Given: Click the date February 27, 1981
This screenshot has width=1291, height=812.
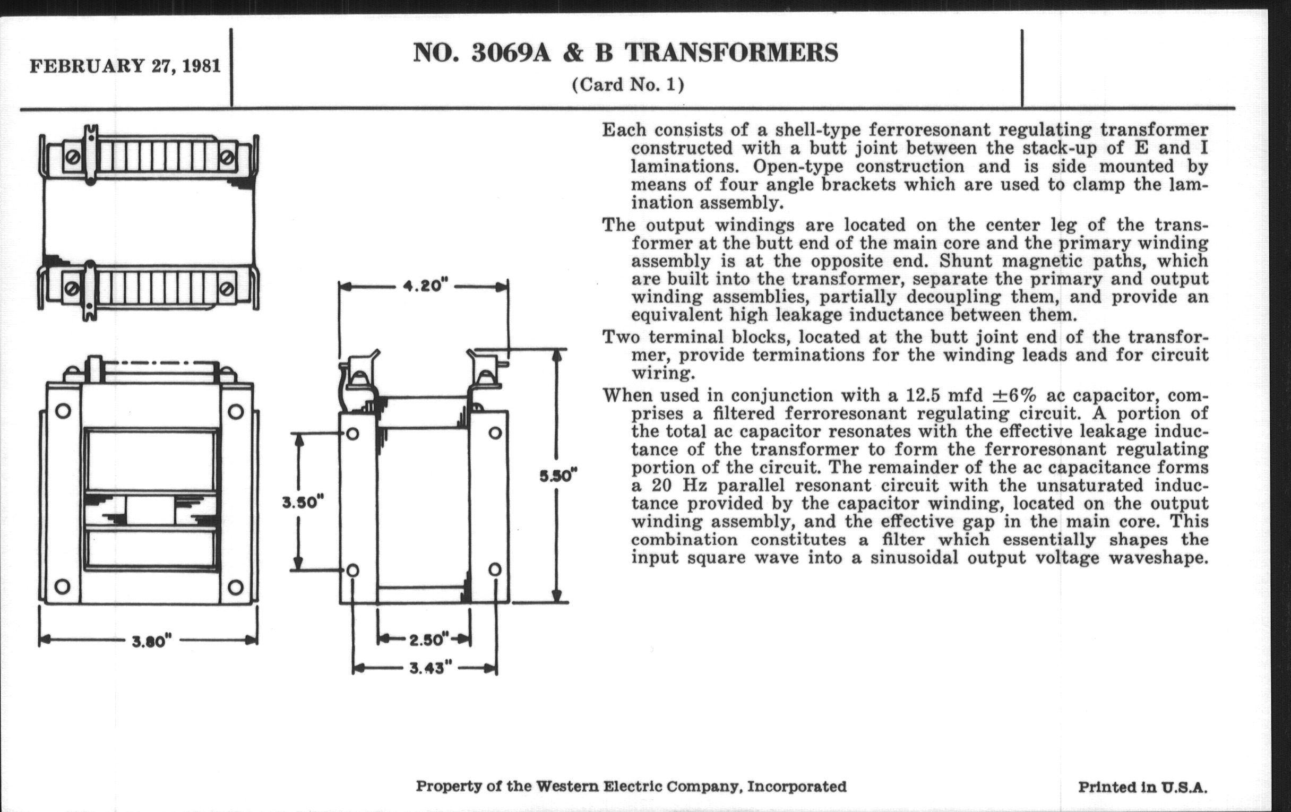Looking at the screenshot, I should click(125, 66).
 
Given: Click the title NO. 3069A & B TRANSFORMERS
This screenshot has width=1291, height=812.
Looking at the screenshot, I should click(625, 53).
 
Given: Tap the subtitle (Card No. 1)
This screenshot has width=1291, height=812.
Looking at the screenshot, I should click(628, 85).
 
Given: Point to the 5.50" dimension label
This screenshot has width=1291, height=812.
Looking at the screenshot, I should click(558, 476).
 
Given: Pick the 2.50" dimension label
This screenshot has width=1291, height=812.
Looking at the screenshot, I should click(427, 640).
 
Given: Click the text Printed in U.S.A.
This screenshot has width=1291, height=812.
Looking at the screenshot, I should click(1142, 788).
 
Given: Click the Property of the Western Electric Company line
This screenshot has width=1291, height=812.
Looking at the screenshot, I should click(631, 787).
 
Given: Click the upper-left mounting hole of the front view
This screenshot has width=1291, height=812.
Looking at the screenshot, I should click(63, 412).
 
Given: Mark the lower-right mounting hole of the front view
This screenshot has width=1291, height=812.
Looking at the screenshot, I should click(235, 586).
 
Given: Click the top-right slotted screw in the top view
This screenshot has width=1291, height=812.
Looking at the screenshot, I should click(227, 157).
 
